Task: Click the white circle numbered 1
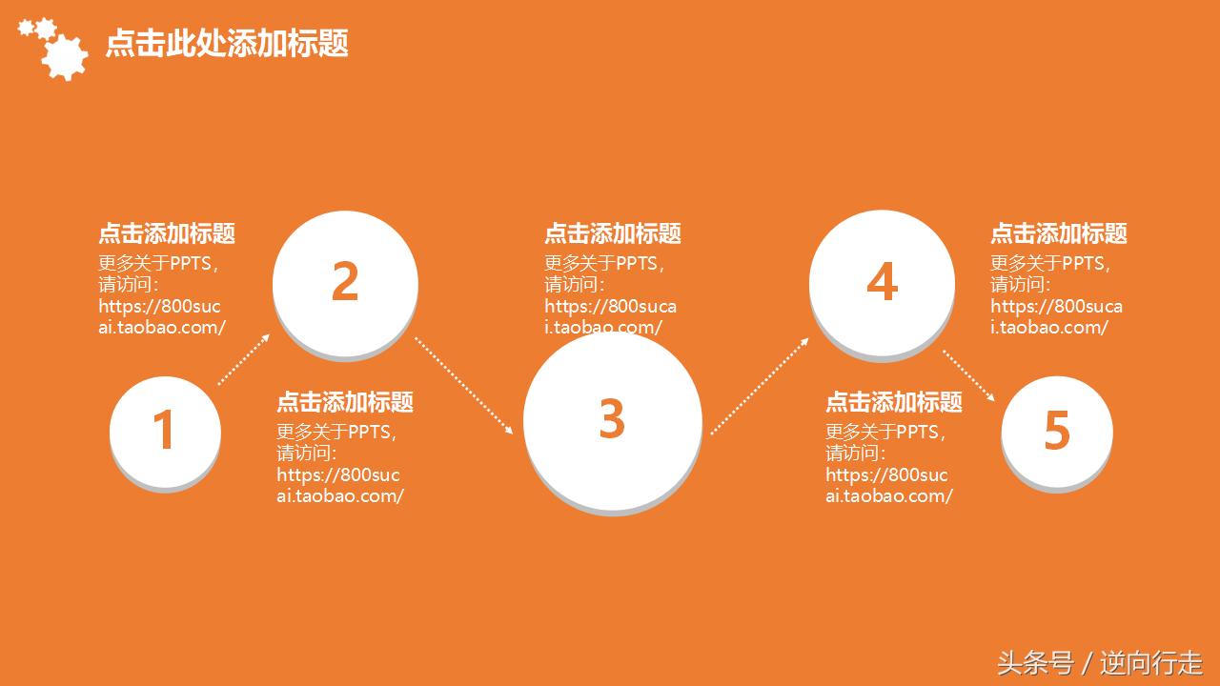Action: pos(165,432)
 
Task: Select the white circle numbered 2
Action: pos(345,283)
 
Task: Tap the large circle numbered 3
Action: pos(612,420)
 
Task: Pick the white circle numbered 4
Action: pos(882,283)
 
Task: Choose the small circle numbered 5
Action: pos(1056,432)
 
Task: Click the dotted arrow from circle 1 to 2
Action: pos(244,359)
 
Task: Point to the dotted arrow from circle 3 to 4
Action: pos(760,386)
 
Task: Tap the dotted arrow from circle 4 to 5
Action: pos(970,376)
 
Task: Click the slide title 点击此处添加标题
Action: pos(227,43)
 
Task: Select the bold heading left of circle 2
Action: pos(167,233)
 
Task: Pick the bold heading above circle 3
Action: pos(613,233)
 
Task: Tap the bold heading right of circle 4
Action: pos(1059,233)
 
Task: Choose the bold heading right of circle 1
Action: pos(345,402)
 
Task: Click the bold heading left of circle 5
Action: pos(894,402)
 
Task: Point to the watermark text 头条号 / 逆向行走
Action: pos(1099,662)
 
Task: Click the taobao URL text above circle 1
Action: pos(161,316)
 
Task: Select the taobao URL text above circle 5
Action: pos(1056,316)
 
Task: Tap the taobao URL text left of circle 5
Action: pos(888,485)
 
